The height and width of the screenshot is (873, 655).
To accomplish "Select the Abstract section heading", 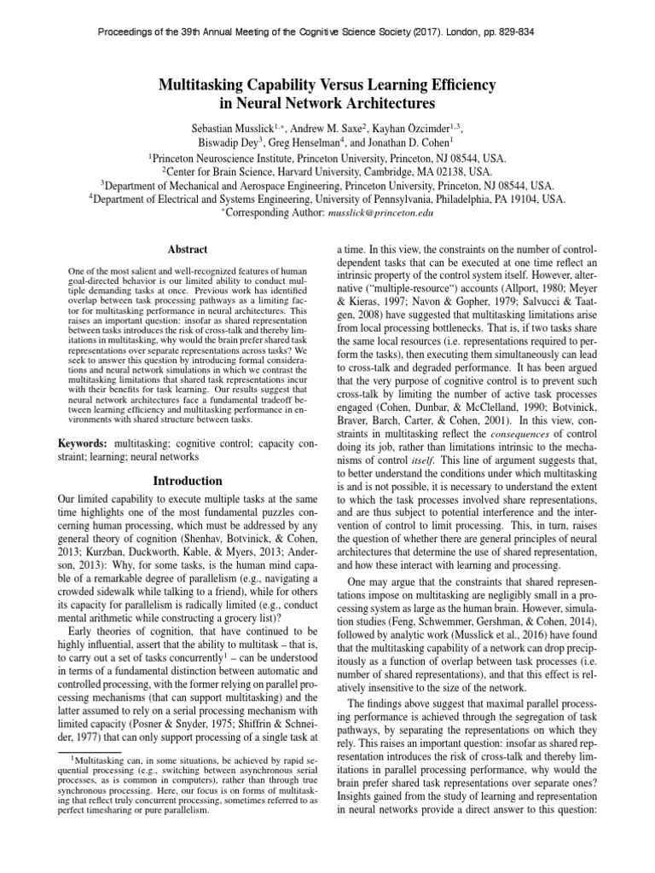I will coord(188,248).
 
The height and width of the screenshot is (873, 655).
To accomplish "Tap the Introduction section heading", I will coord(188,481).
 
